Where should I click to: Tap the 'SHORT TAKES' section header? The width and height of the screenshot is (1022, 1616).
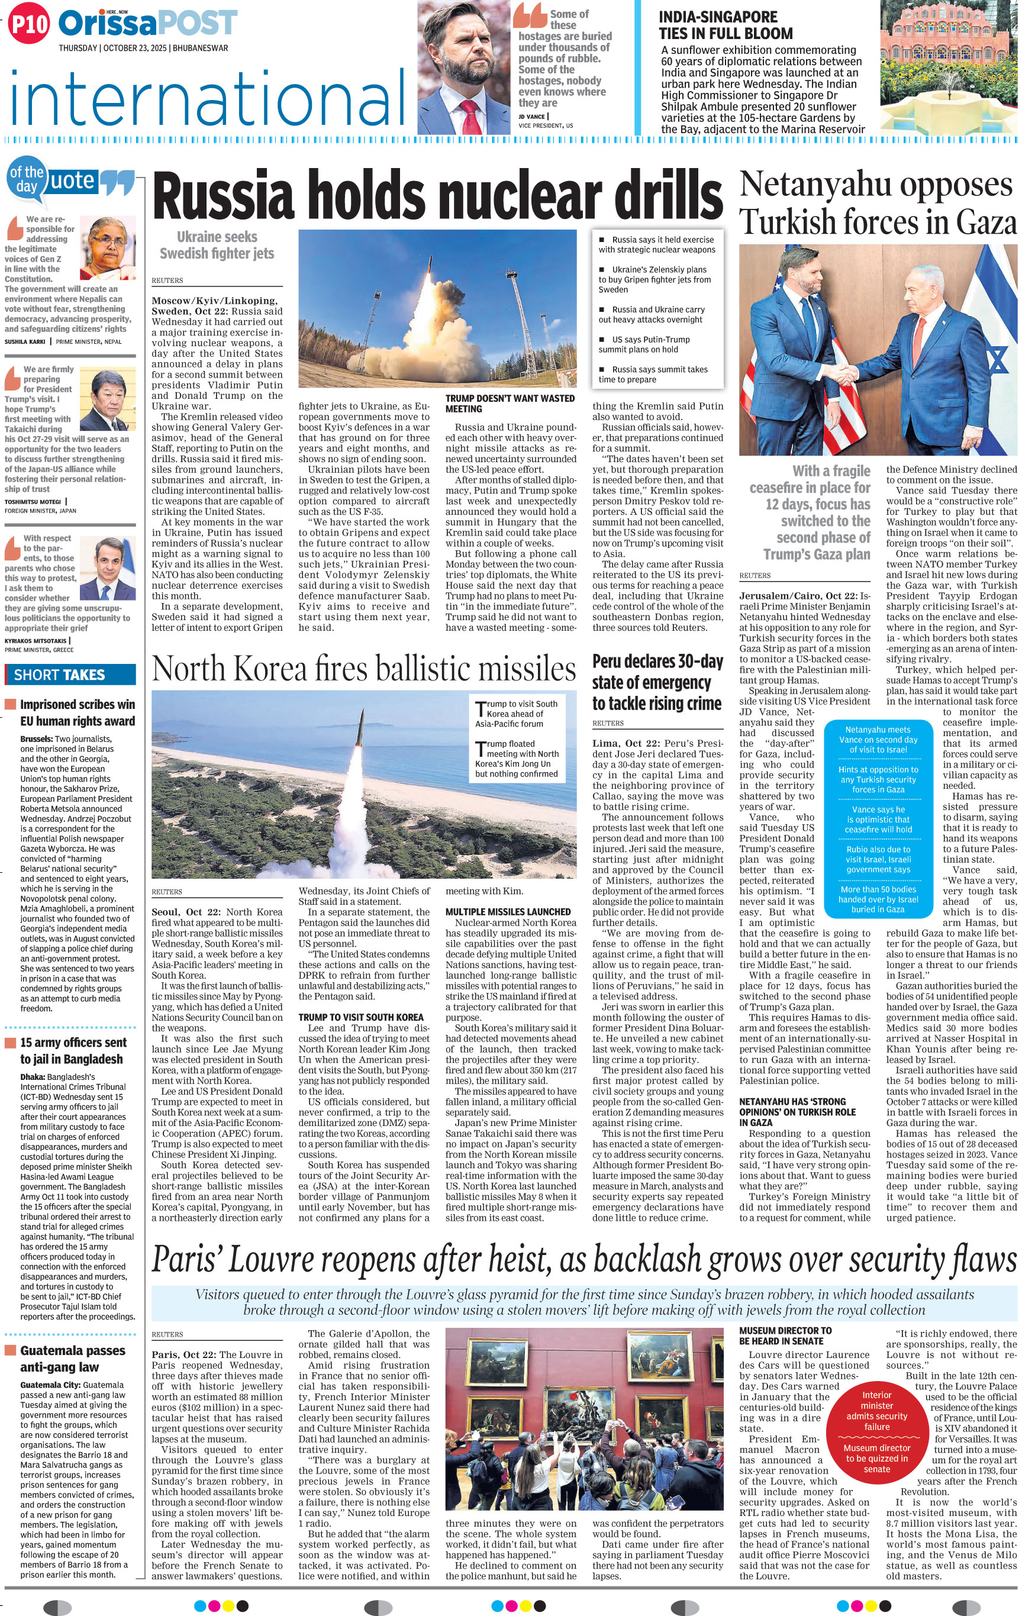[x=60, y=675]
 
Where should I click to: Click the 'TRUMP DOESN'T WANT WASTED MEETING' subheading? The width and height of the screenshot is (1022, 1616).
[x=510, y=404]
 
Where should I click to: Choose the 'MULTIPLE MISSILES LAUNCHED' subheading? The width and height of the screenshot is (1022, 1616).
[x=508, y=912]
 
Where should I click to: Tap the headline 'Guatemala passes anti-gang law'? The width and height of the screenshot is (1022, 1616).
[x=72, y=1358]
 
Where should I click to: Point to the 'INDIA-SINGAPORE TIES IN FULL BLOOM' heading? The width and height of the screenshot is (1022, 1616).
[x=726, y=25]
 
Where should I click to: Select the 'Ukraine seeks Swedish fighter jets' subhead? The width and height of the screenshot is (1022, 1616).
[x=217, y=245]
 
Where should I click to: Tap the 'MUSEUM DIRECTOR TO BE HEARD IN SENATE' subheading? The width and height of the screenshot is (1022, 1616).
[x=785, y=1336]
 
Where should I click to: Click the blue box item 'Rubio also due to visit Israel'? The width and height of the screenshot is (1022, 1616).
[x=878, y=860]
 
